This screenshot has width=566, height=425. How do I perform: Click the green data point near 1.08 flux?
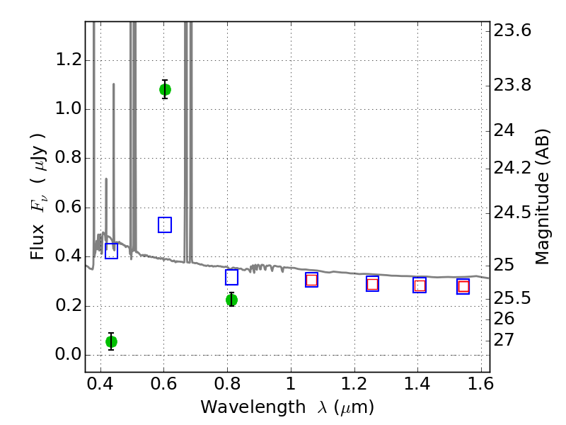[x=165, y=89]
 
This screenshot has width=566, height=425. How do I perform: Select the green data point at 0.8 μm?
[x=231, y=300]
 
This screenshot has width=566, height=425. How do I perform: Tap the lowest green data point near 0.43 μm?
[x=111, y=341]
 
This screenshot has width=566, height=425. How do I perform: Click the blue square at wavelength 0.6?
[x=165, y=225]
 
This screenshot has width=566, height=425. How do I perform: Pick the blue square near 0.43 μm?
[x=111, y=251]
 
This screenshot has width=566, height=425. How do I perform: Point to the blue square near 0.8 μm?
[x=231, y=277]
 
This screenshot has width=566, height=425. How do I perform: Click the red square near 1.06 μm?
[x=311, y=280]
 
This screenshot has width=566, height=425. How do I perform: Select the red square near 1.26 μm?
[x=372, y=284]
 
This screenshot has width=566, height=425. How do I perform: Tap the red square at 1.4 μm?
[x=420, y=285]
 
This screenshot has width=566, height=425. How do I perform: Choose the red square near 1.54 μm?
[x=463, y=286]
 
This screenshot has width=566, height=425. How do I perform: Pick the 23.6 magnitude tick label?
[x=513, y=31]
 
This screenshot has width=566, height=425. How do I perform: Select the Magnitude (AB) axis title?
[x=543, y=196]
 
